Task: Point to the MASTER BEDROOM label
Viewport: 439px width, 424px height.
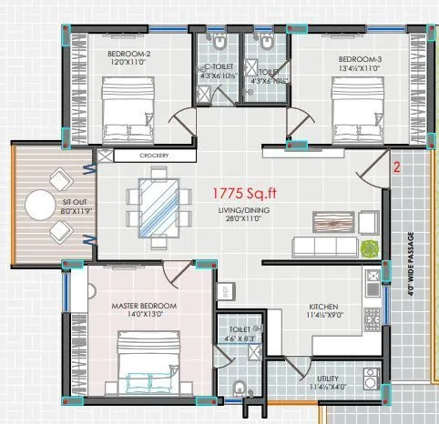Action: [144, 305]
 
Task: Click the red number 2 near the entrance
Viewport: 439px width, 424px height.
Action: [396, 167]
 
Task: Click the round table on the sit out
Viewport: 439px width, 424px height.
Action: [40, 206]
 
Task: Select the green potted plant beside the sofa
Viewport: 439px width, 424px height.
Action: [369, 247]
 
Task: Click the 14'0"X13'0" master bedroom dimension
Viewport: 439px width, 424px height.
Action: [144, 315]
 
